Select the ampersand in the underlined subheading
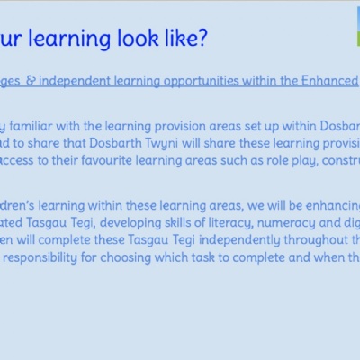click(x=31, y=81)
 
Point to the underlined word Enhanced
click(x=329, y=81)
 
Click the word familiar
click(x=31, y=126)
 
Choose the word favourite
click(x=106, y=160)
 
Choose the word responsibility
click(x=40, y=257)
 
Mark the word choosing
click(x=126, y=257)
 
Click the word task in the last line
click(x=202, y=257)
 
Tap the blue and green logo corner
click(x=358, y=27)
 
